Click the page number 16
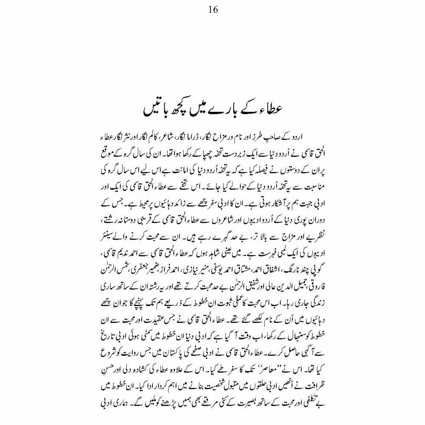tap(213, 9)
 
